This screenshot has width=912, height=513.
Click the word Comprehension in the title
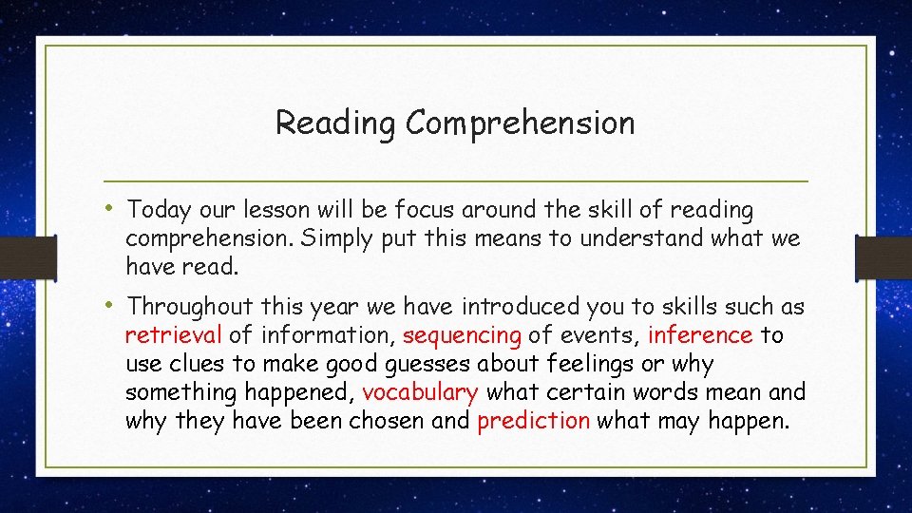[520, 123]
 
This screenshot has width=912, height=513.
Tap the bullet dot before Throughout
[111, 304]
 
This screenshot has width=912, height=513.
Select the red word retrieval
[174, 335]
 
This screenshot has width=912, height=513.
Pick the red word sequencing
[462, 335]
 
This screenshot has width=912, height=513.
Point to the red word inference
[700, 335]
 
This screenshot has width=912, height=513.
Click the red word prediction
[533, 421]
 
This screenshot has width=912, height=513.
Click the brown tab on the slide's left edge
[17, 257]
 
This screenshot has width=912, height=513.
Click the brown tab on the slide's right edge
[883, 257]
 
